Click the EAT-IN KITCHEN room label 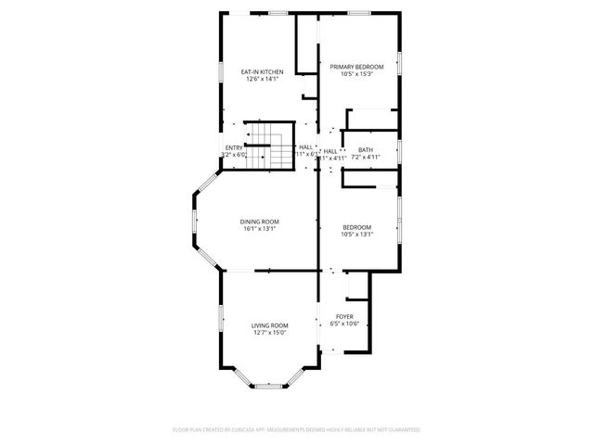point(262,71)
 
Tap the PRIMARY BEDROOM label point(356,67)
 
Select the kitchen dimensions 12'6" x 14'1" point(262,80)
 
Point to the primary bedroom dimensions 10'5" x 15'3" point(356,75)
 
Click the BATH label point(366,150)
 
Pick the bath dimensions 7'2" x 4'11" point(366,159)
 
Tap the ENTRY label point(234,147)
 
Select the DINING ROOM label point(260,222)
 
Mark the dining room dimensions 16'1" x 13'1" point(260,230)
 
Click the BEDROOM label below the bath point(356,227)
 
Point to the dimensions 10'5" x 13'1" point(356,235)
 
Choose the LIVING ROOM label point(269,325)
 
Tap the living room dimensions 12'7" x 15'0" point(269,334)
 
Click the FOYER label point(344,316)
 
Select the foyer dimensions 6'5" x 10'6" point(344,324)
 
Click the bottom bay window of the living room point(268,385)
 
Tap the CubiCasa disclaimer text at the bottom point(297,430)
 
